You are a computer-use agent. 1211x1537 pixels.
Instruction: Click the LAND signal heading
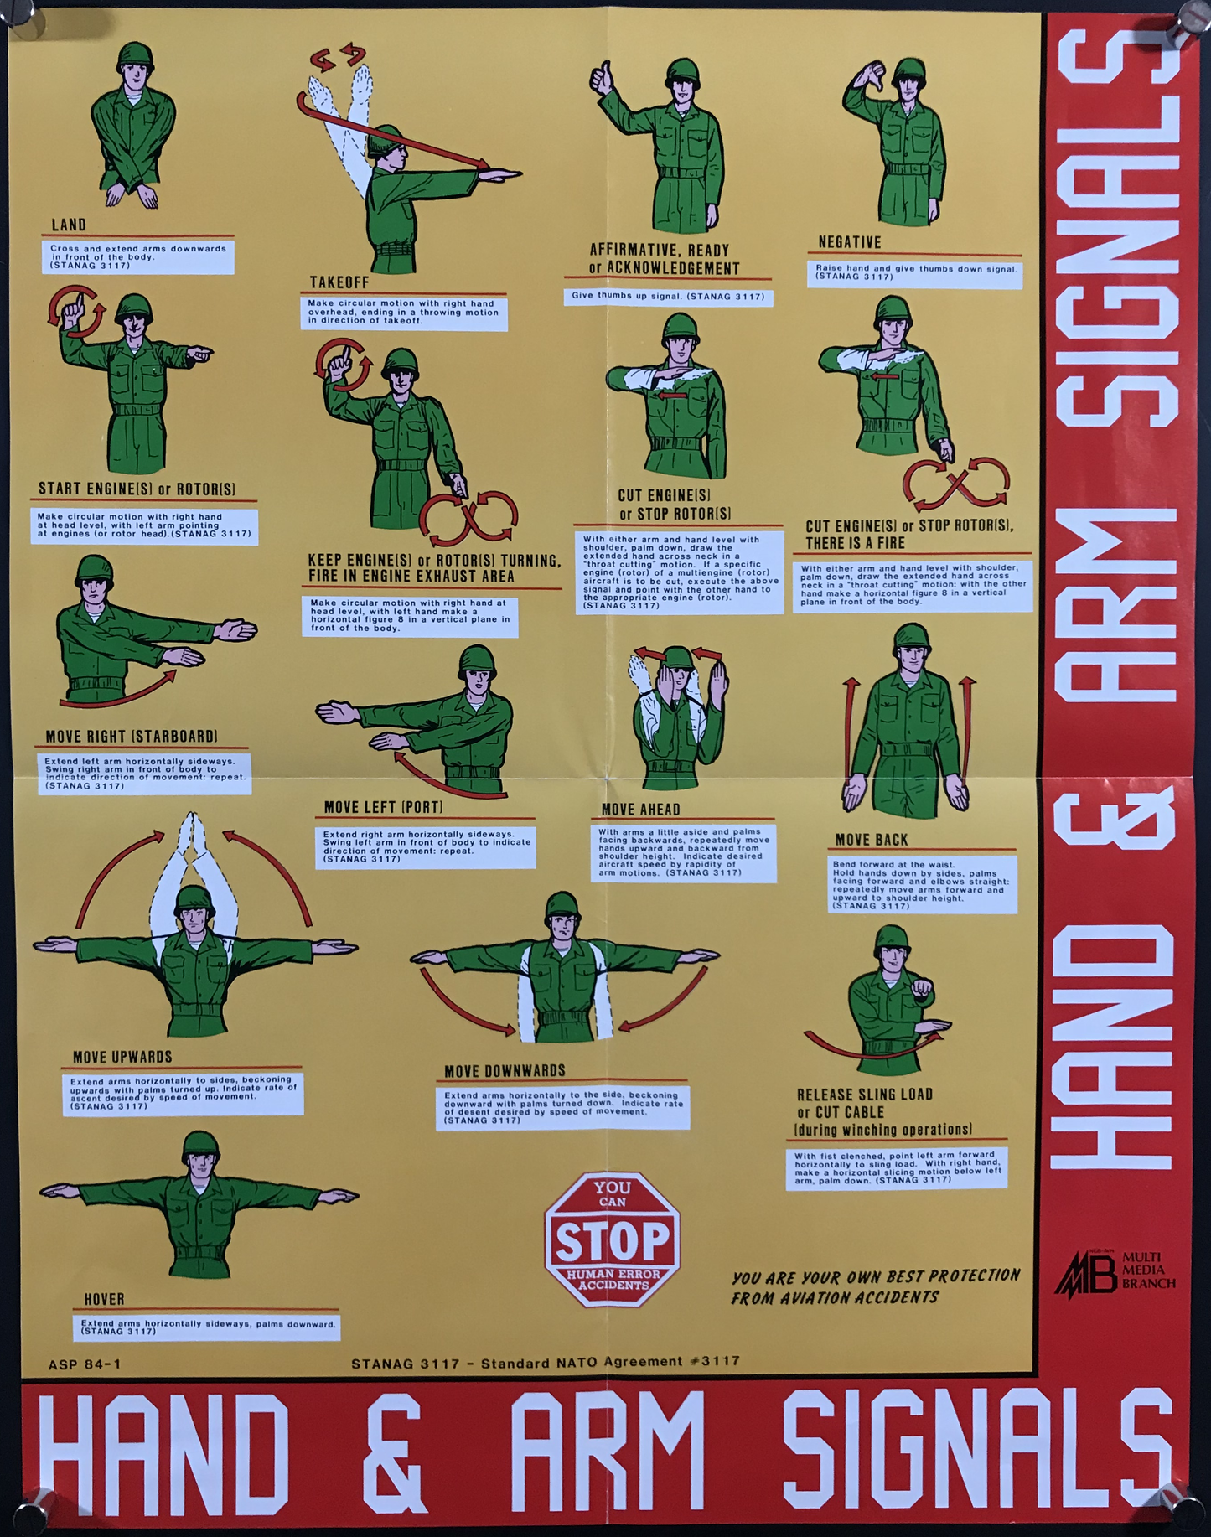tap(69, 225)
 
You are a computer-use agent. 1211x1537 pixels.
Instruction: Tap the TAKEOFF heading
tap(339, 282)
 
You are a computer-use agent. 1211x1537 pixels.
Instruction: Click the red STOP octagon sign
tap(613, 1239)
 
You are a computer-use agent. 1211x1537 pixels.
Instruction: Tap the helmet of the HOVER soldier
tap(200, 1146)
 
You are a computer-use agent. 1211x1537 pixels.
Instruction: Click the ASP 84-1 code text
tap(85, 1364)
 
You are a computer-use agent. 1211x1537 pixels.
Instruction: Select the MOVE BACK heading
tap(871, 840)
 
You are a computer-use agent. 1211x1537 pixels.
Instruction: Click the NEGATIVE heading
tap(849, 242)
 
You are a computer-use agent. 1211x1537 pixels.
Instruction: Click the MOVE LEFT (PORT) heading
tap(383, 807)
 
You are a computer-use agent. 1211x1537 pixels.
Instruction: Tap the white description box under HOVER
tap(206, 1327)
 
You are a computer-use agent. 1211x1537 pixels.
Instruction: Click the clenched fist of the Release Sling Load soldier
tap(921, 989)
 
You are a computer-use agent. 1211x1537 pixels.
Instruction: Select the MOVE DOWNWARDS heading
tap(505, 1071)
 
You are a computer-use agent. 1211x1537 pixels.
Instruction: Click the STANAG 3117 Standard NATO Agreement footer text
tap(545, 1362)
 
